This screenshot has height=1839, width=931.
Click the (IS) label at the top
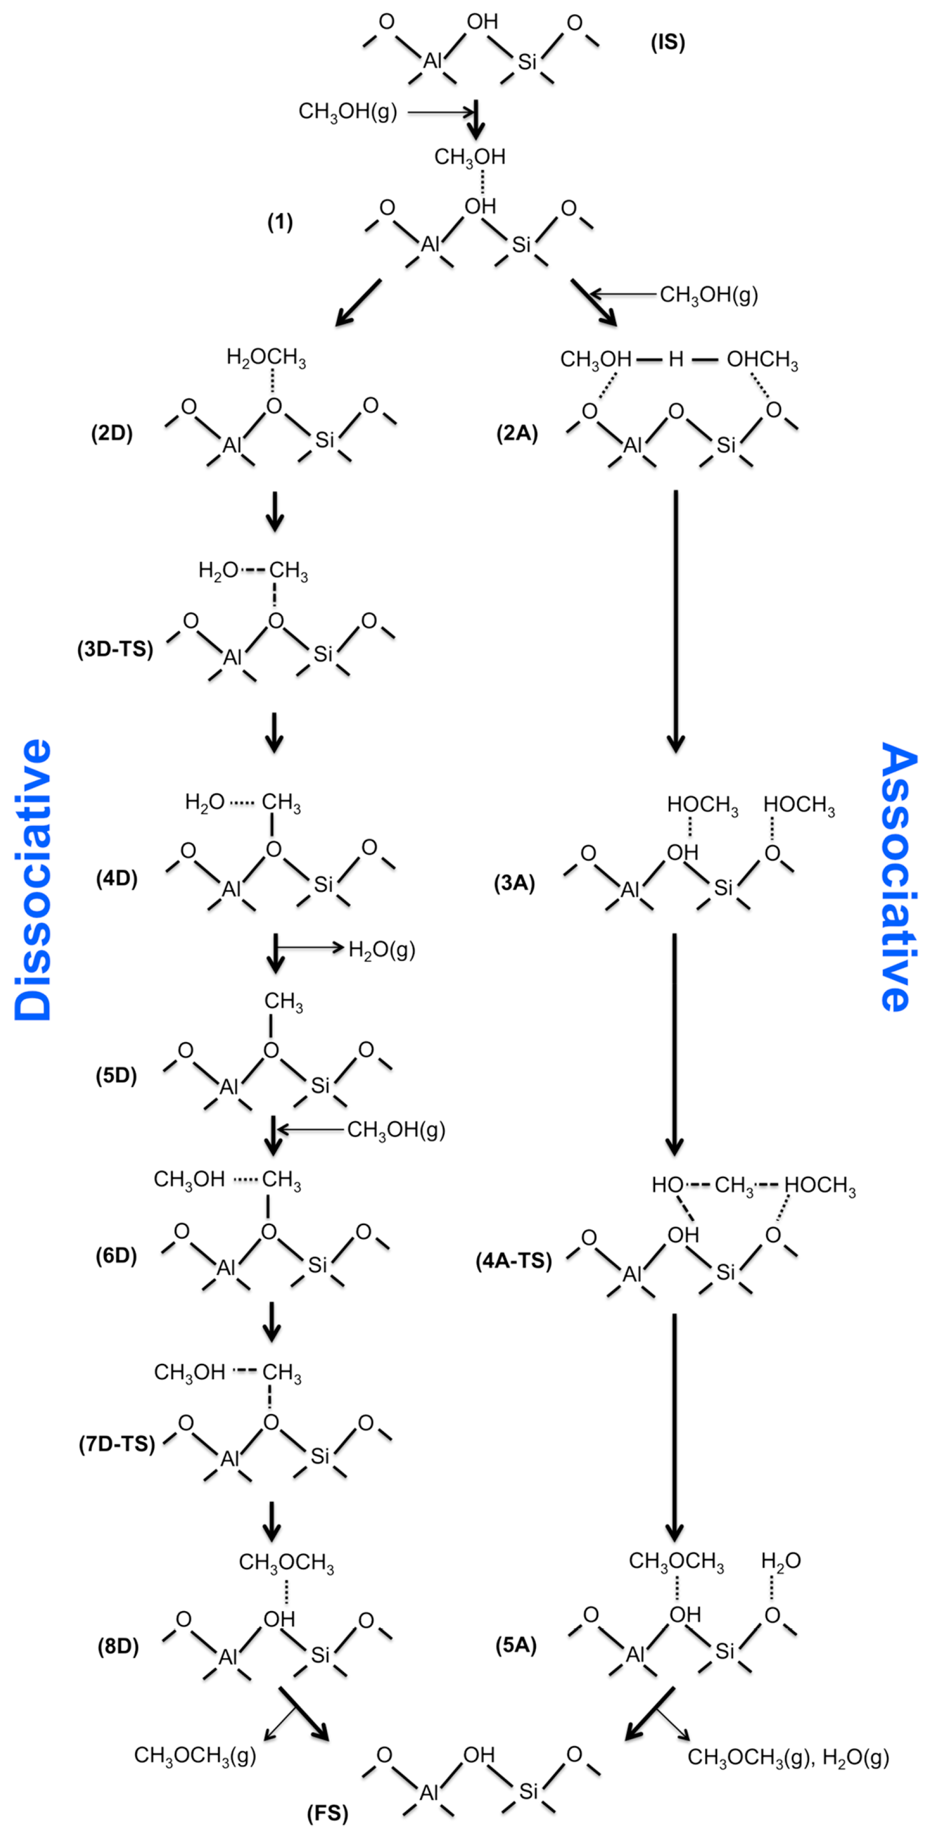coord(667,43)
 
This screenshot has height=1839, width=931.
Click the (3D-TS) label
coord(115,649)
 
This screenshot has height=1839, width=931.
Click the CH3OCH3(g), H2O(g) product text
coord(788,1757)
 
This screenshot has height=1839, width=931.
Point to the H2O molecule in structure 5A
coord(781,1561)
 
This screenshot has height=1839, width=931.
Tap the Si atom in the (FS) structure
coord(528,1791)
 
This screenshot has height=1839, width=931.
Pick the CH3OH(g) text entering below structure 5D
coord(396,1129)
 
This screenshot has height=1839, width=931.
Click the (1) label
coord(280,223)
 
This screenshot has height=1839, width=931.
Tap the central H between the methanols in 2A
coord(676,359)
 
